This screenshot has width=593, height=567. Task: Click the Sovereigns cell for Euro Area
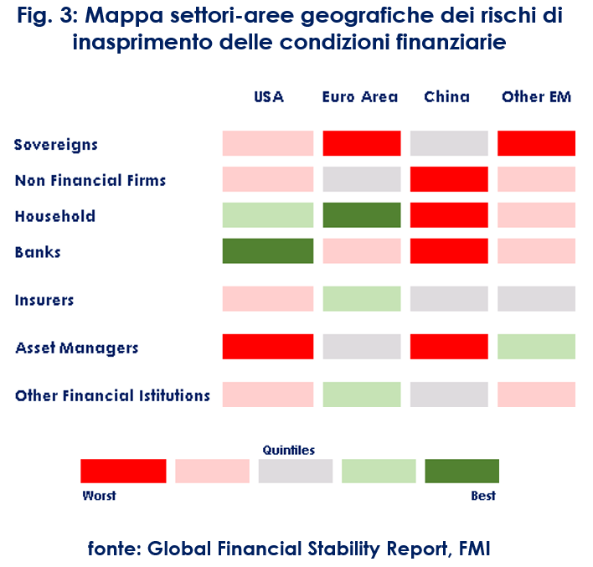point(362,143)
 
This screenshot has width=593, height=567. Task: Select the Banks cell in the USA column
point(268,251)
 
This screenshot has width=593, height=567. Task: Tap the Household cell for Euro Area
point(362,215)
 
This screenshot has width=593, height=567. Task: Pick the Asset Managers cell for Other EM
point(536,347)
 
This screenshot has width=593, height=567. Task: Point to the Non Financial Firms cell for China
point(449,179)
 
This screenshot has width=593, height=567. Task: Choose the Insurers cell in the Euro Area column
point(362,299)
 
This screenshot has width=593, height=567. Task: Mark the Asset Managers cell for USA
point(268,347)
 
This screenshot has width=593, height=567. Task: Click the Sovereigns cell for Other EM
point(536,143)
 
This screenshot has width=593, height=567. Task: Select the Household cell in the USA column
point(268,215)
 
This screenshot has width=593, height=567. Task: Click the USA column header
point(269,97)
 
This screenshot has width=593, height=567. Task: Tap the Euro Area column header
point(360,97)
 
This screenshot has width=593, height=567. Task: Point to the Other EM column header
point(536,97)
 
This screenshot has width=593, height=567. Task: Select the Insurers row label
point(44,300)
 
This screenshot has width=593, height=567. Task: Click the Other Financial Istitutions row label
point(112,395)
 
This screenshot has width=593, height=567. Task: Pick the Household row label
point(55,216)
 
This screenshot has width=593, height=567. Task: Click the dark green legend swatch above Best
point(462,471)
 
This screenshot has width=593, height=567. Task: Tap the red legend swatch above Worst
point(123,471)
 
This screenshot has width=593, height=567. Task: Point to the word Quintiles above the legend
point(289,451)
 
